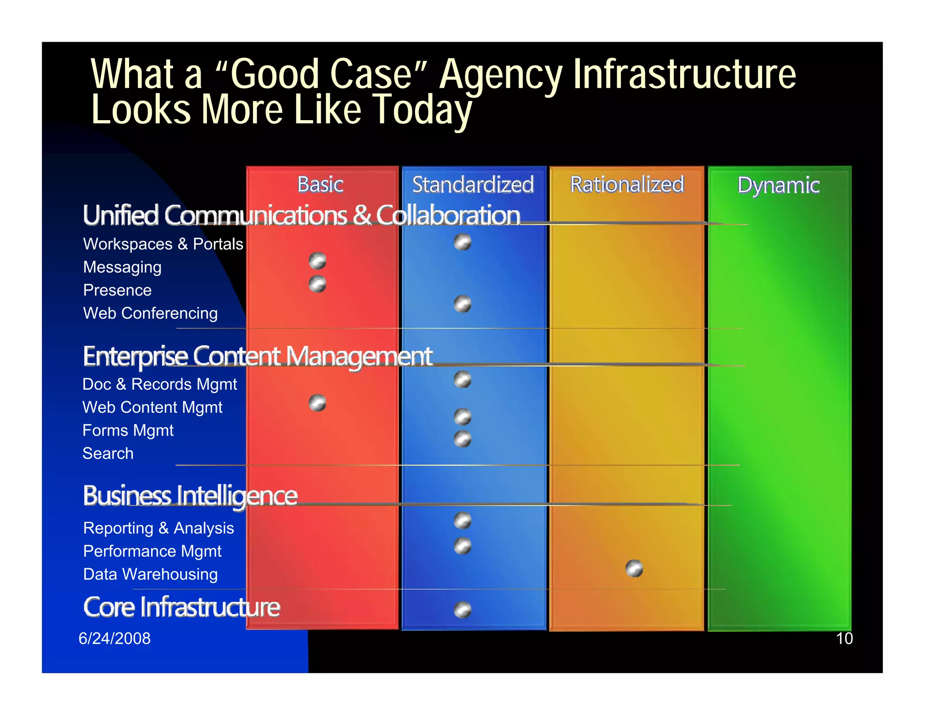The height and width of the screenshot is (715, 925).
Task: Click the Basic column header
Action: [x=320, y=184]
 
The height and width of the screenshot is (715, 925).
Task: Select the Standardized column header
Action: [x=473, y=184]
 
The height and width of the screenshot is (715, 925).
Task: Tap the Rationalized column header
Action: [x=627, y=184]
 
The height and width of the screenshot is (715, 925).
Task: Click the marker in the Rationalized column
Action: [x=634, y=568]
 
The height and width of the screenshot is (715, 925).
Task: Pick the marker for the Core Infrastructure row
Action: [x=462, y=610]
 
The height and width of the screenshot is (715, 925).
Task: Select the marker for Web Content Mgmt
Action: [x=318, y=403]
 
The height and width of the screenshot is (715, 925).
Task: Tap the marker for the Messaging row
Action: [x=318, y=261]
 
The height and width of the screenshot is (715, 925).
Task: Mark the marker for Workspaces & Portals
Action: [x=462, y=242]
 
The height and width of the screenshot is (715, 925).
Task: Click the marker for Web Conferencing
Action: [x=462, y=304]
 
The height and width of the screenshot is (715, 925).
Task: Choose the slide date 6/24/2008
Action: [x=115, y=638]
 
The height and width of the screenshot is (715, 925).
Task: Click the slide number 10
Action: [x=844, y=638]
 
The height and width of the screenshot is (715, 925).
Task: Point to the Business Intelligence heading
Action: [x=190, y=495]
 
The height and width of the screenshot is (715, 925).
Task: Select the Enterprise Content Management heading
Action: [x=257, y=356]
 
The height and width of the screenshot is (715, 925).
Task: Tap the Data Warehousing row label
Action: [x=150, y=574]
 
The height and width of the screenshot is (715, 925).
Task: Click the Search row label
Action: [x=108, y=453]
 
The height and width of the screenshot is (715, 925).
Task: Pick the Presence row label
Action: [x=117, y=290]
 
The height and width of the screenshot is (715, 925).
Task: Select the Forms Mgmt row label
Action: [x=128, y=430]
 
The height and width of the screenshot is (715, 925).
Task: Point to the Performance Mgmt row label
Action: [x=152, y=551]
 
